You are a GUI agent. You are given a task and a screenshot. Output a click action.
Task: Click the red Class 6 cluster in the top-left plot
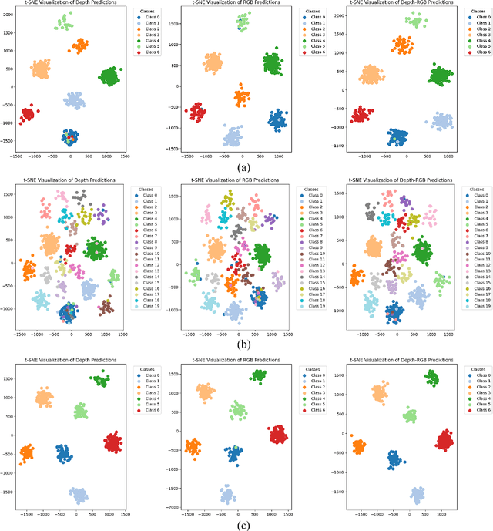(29, 114)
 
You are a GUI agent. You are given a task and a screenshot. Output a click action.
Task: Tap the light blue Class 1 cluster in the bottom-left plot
(79, 494)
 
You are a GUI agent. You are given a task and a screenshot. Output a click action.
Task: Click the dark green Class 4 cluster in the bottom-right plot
(431, 378)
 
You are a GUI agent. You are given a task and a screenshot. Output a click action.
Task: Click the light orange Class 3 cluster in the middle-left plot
(50, 245)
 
